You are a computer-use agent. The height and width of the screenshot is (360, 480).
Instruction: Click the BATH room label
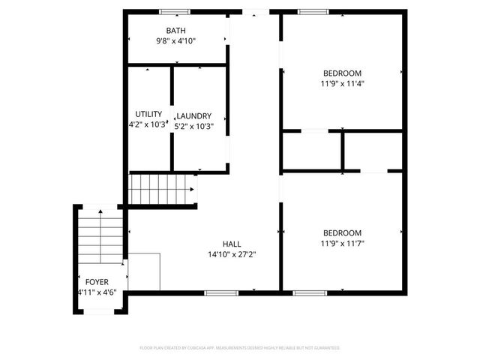point(176,31)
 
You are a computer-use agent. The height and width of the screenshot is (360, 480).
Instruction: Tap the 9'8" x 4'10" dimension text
point(176,41)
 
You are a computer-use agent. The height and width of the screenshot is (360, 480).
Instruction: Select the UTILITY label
point(148,114)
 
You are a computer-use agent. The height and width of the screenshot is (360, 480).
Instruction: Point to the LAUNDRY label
point(193,116)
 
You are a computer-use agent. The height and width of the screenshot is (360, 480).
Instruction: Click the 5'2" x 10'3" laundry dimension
point(194,126)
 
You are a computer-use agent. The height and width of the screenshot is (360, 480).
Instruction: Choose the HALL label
point(232,244)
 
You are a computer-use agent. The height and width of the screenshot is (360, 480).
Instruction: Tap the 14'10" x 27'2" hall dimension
point(232,254)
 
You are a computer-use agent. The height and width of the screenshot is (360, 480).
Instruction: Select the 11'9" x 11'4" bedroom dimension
point(342,84)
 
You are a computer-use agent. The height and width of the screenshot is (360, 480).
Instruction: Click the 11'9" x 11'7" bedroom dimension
point(342,243)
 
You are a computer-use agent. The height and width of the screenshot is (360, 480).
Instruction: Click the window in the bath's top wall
point(174,11)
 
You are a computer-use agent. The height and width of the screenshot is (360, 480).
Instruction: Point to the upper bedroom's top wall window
point(313,11)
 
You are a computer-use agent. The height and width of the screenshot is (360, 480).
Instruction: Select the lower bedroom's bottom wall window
point(305,292)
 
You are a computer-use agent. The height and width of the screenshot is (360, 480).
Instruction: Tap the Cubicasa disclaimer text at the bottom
point(240,348)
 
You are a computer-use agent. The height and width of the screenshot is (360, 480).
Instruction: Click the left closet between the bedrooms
point(313,151)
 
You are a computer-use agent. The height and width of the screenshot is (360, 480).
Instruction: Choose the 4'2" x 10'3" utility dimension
point(147,124)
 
